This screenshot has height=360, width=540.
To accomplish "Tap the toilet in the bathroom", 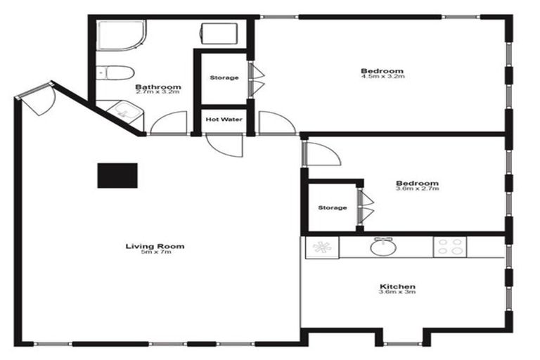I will (116, 72).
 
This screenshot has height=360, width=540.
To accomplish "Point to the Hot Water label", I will (224, 120).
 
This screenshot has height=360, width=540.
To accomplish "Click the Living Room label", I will (155, 246).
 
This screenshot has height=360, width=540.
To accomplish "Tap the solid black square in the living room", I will (117, 175).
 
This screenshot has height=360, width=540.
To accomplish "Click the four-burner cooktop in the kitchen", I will (450, 247).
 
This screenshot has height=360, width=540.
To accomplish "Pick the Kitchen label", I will (397, 287).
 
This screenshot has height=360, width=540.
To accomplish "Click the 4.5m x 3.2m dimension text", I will (382, 76).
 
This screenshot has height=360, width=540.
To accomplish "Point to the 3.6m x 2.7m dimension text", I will (417, 188).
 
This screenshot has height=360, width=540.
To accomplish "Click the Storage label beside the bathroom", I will (224, 77).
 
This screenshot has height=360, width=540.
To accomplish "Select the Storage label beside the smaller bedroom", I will (332, 208).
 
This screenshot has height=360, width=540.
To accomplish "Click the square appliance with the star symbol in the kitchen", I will (322, 247).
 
